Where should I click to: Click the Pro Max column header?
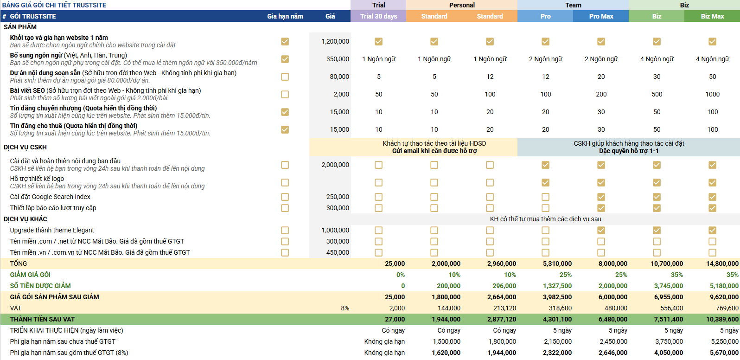click(x=601, y=16)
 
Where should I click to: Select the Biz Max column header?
click(x=712, y=16)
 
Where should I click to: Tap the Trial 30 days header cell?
click(x=379, y=16)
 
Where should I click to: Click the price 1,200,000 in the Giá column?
click(x=335, y=41)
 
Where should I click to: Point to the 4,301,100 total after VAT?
click(x=557, y=319)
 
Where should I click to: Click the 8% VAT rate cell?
click(x=345, y=308)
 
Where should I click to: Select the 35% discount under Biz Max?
click(x=732, y=275)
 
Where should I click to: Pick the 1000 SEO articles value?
click(x=712, y=94)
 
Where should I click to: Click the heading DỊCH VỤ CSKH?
click(x=25, y=147)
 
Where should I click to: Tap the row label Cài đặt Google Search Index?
click(x=50, y=197)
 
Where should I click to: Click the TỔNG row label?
click(x=19, y=264)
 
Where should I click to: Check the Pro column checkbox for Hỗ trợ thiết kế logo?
click(x=545, y=182)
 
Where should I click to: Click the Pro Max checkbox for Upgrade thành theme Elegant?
click(x=601, y=230)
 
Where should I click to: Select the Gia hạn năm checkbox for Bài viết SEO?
click(x=285, y=94)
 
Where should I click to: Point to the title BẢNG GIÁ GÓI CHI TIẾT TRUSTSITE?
click(x=54, y=5)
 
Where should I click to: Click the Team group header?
click(x=573, y=5)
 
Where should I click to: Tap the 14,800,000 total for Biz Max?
click(x=722, y=264)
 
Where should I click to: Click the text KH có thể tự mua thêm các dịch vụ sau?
click(x=545, y=219)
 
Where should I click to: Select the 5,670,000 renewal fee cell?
click(x=724, y=353)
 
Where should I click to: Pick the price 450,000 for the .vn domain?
click(x=338, y=252)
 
